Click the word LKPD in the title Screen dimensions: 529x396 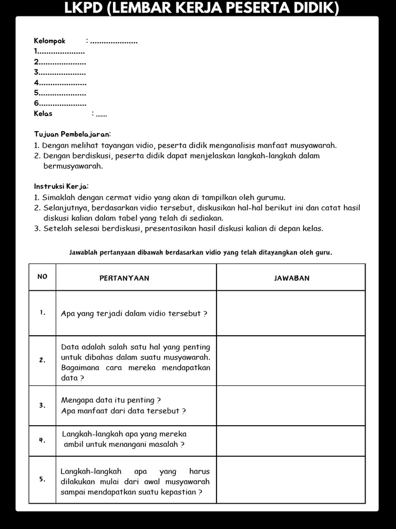point(82,8)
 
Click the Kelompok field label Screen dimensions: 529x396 point(49,41)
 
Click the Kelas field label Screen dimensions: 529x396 point(43,114)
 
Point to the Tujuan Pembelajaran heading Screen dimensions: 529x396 point(72,134)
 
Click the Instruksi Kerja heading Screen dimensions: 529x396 point(61,186)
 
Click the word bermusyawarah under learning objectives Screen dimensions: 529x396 point(73,166)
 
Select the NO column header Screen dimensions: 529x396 point(42,277)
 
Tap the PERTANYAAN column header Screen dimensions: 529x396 point(124,278)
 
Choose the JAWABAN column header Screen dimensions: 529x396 point(291,278)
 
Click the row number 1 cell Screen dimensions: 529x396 point(42,313)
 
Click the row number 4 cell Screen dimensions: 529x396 point(42,441)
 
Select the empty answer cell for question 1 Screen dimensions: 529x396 point(291,313)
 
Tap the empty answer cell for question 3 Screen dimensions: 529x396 point(291,406)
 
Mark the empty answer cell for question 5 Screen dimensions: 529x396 point(291,479)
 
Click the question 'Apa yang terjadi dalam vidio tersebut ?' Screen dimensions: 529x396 point(134,314)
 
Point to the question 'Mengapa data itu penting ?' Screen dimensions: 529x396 point(111,400)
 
